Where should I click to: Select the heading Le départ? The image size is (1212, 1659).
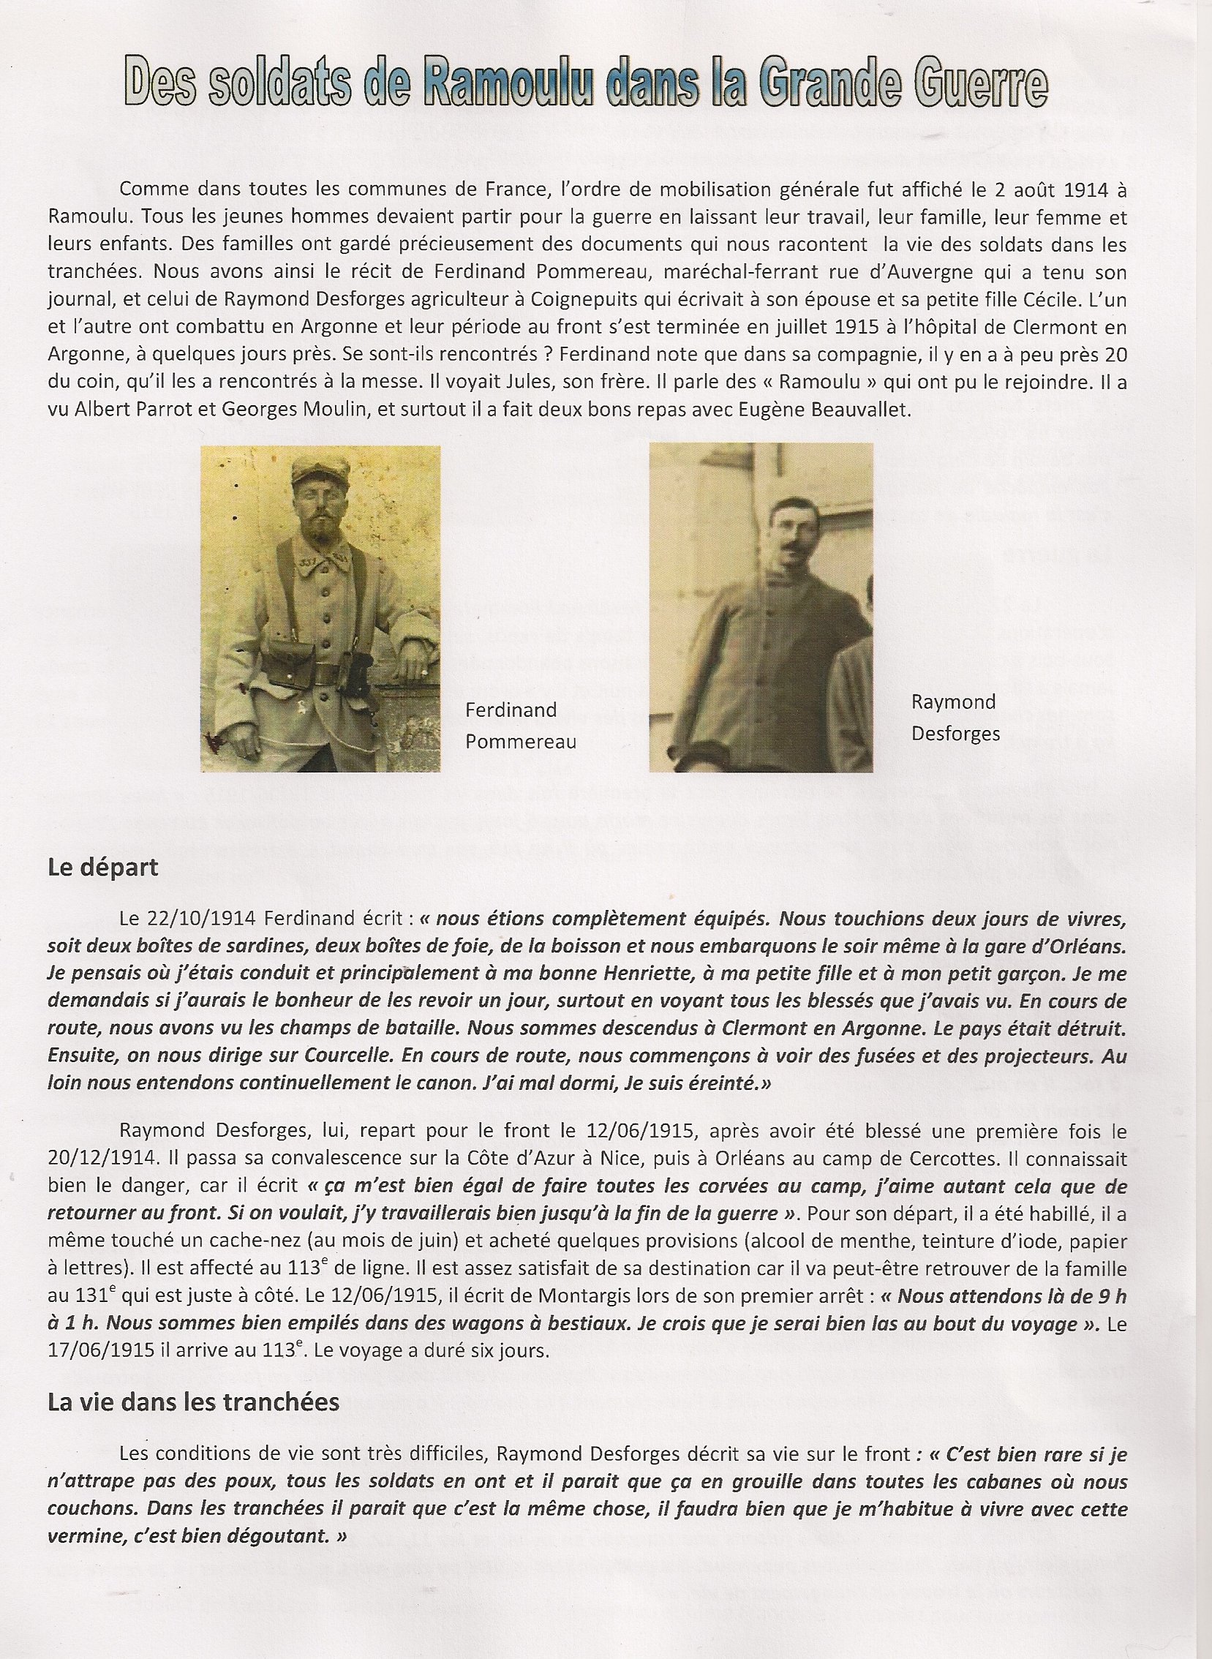(102, 868)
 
